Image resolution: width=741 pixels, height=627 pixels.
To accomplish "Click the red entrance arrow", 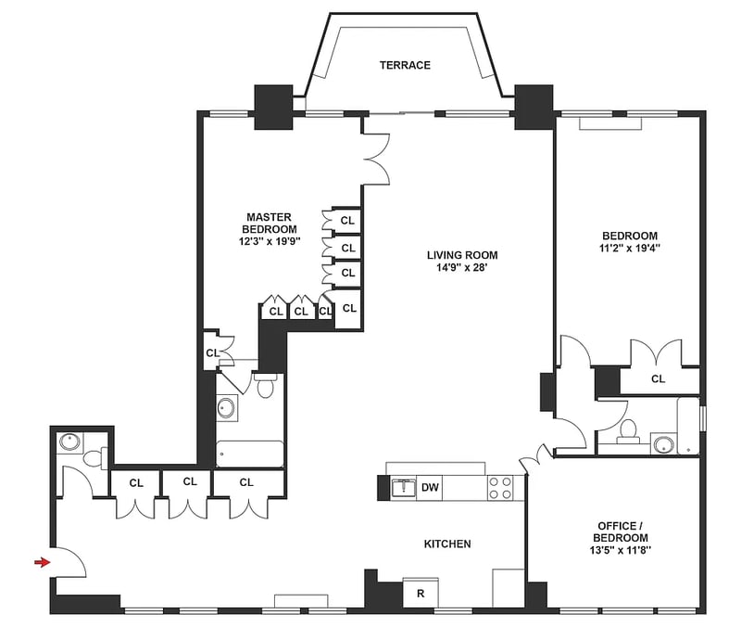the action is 42,562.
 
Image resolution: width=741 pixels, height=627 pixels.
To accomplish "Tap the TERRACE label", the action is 405,65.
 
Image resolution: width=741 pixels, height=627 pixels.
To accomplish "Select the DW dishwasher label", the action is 430,487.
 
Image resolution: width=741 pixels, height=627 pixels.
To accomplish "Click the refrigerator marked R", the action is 421,593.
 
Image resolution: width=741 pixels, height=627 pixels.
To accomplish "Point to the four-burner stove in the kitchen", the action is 500,488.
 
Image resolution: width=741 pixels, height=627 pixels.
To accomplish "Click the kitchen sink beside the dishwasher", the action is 403,488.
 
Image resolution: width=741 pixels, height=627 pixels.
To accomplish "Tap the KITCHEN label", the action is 447,544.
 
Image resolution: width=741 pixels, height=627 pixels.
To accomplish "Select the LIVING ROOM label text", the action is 462,256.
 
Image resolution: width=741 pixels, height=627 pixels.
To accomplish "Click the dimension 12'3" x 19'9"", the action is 270,241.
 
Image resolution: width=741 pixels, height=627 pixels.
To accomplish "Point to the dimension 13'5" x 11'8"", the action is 620,550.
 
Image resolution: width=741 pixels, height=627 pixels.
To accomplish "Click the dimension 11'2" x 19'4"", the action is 630,248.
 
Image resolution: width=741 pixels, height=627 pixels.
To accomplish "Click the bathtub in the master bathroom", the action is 250,454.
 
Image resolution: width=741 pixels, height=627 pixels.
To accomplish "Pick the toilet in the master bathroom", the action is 265,385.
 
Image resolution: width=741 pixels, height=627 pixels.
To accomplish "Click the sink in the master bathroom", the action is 226,408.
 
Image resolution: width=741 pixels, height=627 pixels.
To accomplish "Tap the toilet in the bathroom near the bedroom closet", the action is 628,430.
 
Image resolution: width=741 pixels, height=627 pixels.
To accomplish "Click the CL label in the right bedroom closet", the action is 658,378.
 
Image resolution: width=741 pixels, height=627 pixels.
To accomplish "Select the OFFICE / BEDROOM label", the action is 620,531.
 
